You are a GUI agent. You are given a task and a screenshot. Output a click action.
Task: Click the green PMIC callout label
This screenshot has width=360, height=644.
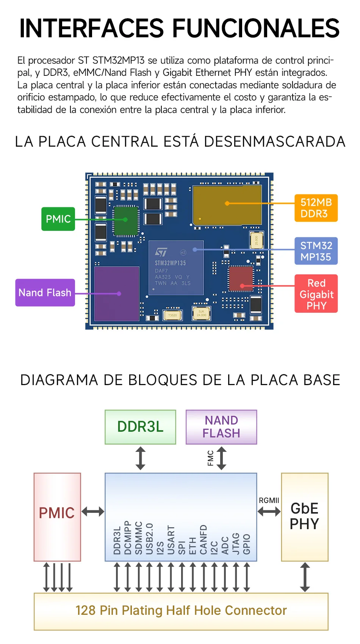58,219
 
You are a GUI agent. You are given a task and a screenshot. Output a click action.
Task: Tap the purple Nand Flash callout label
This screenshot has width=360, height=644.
45,293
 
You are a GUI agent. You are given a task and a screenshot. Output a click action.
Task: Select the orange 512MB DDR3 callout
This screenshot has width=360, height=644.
316,208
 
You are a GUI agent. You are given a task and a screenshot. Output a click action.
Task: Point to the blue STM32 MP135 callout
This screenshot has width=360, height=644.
316,251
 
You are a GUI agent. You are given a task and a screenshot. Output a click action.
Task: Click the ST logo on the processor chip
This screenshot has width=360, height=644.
161,252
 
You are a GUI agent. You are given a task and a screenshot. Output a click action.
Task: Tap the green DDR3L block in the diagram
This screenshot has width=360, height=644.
140,427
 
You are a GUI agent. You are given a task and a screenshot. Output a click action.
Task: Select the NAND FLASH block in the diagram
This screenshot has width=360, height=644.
221,427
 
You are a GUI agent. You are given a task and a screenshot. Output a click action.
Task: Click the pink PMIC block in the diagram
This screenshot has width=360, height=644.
57,517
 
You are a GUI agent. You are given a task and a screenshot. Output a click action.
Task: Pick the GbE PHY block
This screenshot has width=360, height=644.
305,517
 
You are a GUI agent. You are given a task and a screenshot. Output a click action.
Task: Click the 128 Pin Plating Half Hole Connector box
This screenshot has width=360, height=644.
181,611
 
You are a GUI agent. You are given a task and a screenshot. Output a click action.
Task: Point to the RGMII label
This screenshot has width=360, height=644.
269,500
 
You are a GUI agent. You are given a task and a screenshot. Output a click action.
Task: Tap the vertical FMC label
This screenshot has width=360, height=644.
211,458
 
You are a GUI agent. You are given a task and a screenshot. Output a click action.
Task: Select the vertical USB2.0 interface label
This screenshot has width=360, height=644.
149,539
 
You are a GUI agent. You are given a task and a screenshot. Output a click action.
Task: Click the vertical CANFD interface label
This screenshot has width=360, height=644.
203,539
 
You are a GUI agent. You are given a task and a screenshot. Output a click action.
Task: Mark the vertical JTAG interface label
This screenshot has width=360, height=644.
236,544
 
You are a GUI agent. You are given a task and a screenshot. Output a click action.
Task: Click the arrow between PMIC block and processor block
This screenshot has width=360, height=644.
93,512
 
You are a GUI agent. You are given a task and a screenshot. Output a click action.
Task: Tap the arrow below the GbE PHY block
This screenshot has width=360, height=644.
305,577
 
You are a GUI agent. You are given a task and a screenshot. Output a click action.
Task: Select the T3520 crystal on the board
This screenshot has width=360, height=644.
172,315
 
